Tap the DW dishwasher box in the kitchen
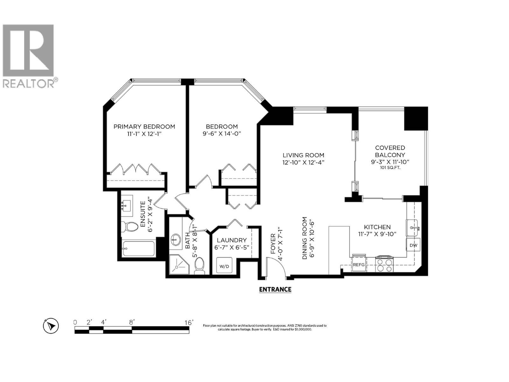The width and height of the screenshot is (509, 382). tap(413, 245)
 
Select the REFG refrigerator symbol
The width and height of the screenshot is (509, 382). tap(359, 264)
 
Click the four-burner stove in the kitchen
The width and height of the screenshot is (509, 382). tap(385, 264)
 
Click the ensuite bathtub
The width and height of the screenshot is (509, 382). tap(138, 249)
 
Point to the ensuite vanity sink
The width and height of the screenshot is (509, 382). tap(127, 206)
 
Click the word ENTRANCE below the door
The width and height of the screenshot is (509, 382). tap(275, 289)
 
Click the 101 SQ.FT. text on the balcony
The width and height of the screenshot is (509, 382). tap(390, 167)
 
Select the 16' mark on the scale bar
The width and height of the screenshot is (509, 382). tap(189, 322)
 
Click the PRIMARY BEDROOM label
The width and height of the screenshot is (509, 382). tap(144, 127)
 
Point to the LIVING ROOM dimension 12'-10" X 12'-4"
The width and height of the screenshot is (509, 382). tap(303, 162)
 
